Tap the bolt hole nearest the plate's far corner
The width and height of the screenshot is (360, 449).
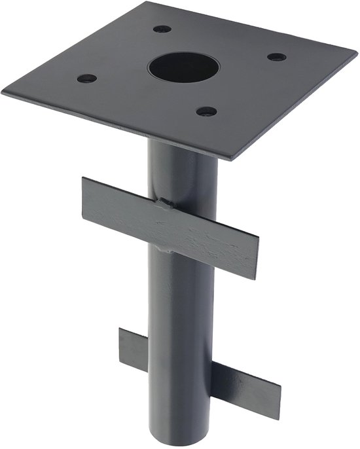point(162,29)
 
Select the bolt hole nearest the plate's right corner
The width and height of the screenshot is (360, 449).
point(276,57)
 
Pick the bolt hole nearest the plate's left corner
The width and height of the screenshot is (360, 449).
point(86,79)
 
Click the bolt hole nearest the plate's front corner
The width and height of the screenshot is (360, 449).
point(206,111)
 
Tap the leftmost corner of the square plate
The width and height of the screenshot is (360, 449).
point(3,92)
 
